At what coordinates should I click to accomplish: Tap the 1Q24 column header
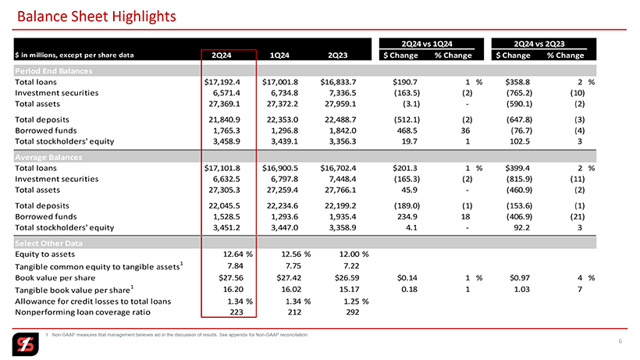click(x=282, y=55)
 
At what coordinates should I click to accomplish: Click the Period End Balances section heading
click(x=54, y=71)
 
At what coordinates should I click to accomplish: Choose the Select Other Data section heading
click(x=48, y=243)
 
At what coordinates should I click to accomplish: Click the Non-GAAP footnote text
click(x=180, y=335)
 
